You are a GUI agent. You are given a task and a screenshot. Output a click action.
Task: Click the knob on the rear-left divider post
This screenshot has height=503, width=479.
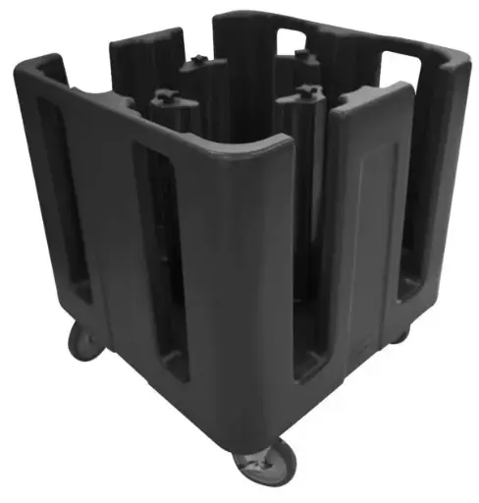coord(197,61)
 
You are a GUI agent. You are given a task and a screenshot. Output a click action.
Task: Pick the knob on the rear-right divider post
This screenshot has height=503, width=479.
coord(301,56)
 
